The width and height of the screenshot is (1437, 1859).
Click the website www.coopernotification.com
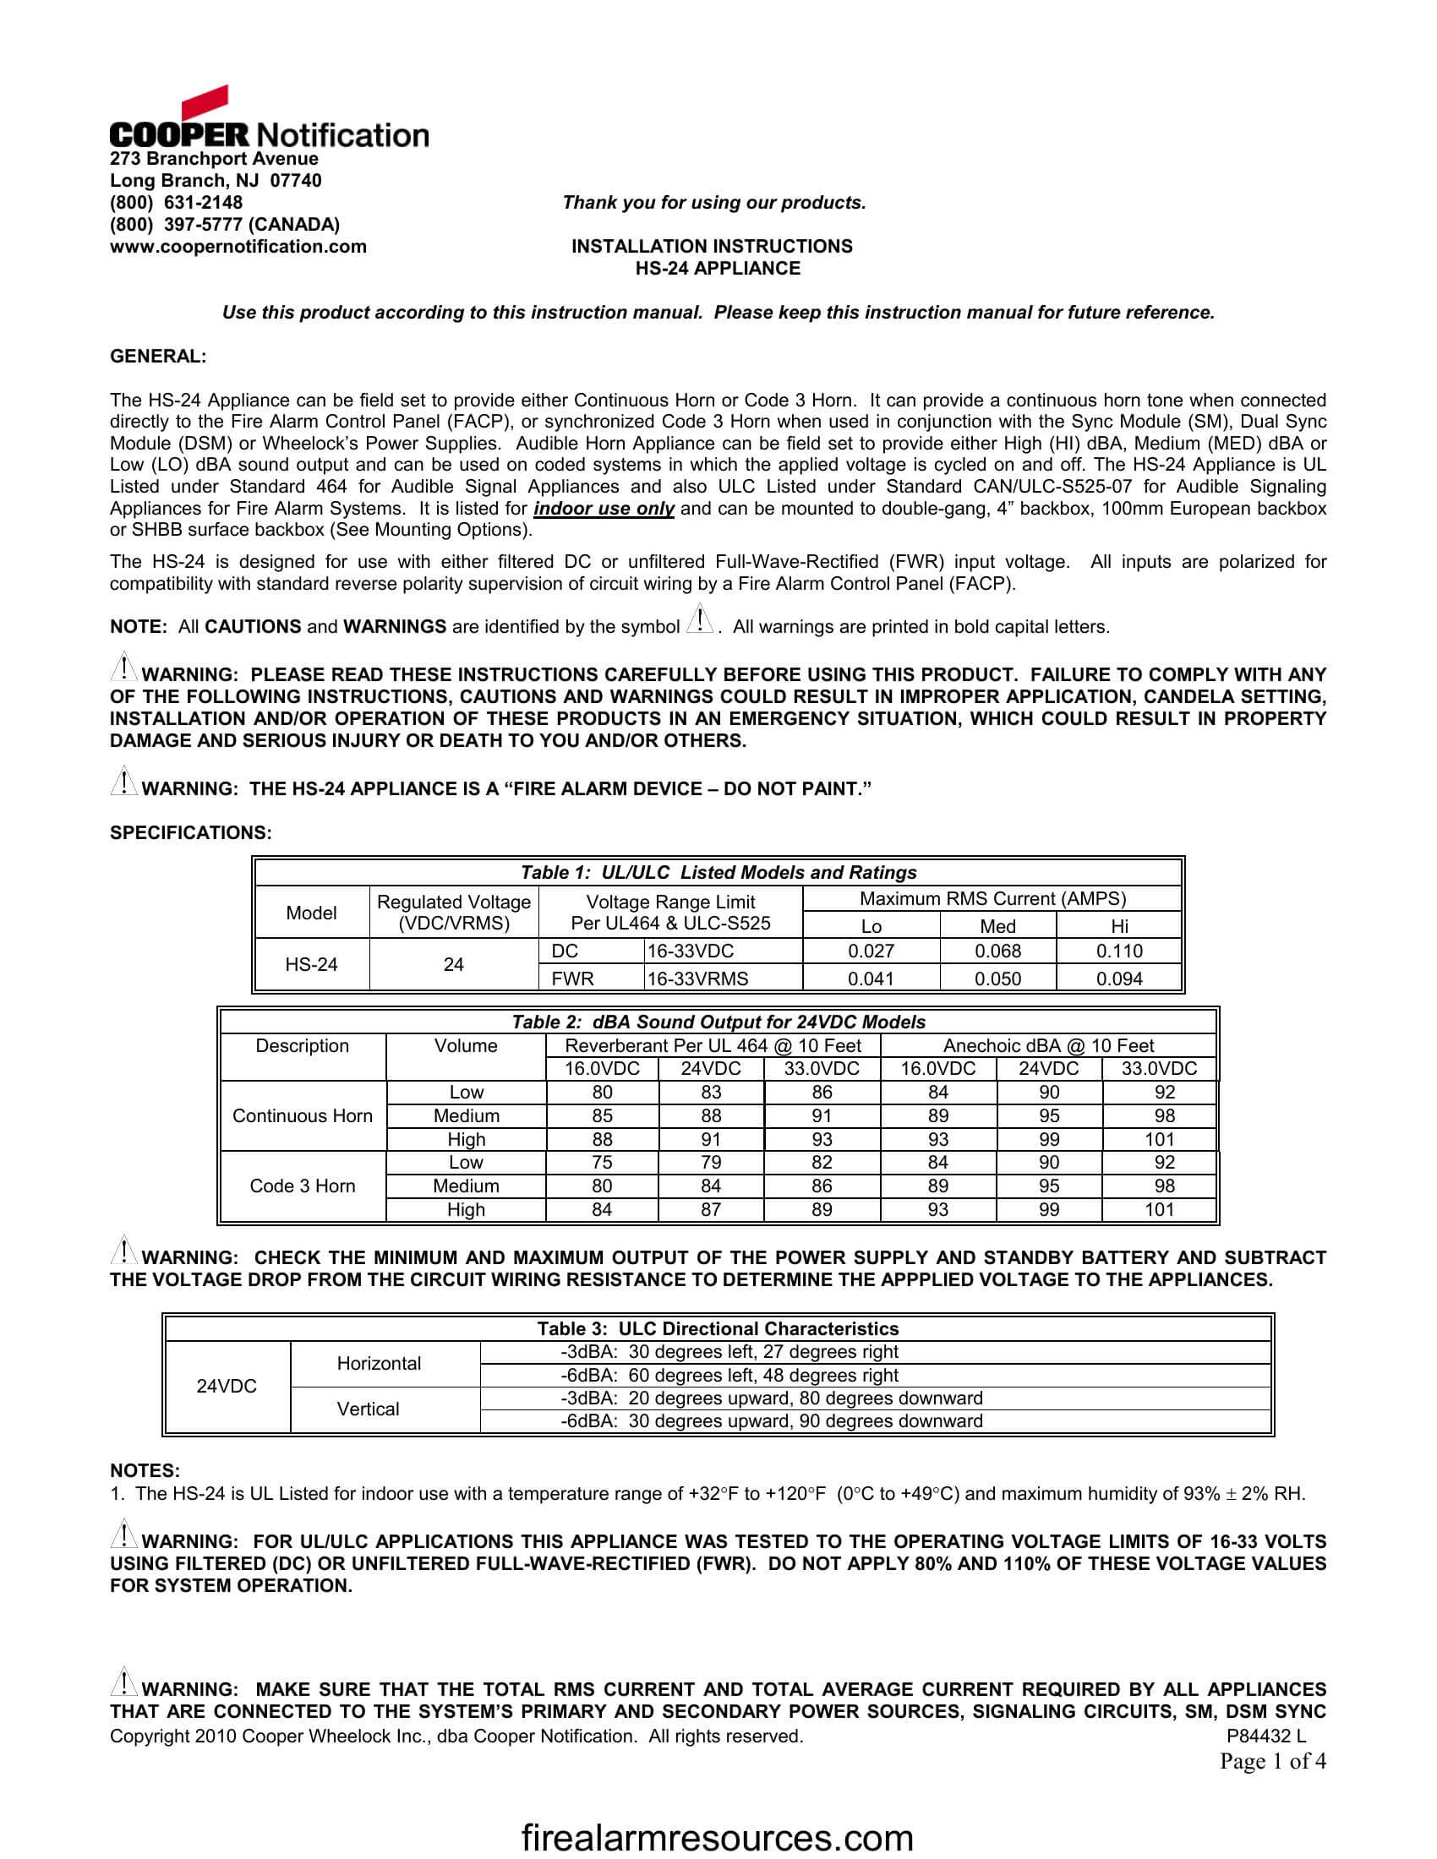coord(238,247)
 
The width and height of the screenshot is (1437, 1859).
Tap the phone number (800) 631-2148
coord(176,203)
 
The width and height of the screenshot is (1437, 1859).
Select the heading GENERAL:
coord(157,357)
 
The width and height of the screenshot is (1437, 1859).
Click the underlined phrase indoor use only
coord(604,509)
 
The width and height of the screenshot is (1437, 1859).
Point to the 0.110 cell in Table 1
coord(1118,951)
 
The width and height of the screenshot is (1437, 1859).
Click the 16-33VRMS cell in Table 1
coord(697,979)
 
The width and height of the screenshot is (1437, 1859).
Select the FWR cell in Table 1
coord(572,979)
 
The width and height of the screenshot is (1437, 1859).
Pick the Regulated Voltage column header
coord(453,913)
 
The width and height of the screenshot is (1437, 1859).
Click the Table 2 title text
coord(718,1022)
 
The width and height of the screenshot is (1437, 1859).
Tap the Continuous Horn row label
coord(303,1116)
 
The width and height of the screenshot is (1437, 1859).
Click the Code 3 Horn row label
coord(303,1186)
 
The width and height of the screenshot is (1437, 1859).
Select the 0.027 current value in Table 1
coord(870,951)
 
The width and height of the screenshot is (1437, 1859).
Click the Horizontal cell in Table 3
coord(379,1364)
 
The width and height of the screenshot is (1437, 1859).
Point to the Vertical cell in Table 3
coord(368,1409)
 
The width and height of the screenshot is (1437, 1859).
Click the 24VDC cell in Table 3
coord(227,1386)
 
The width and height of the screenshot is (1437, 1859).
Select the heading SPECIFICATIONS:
coord(191,832)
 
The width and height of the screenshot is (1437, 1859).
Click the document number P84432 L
coord(1265,1736)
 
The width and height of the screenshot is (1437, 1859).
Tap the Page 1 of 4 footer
coord(1272,1761)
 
